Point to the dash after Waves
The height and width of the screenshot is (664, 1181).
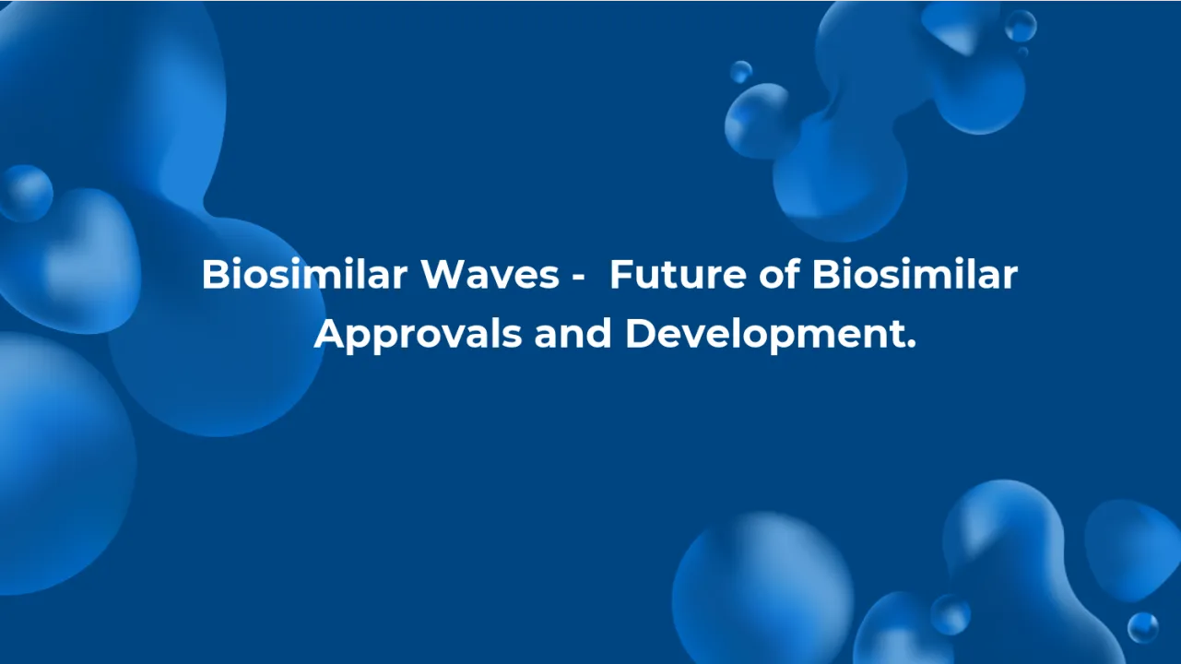pos(573,277)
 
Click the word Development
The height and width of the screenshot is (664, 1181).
pos(765,335)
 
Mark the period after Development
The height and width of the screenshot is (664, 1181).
pos(911,345)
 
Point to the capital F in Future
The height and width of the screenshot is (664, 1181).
pos(619,275)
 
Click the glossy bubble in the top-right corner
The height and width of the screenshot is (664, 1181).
pos(1021,26)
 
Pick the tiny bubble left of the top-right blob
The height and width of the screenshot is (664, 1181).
pos(740,72)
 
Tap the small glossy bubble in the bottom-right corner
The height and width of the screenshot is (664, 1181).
pos(1142,627)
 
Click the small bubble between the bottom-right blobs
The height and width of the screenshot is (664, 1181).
pos(950,614)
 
